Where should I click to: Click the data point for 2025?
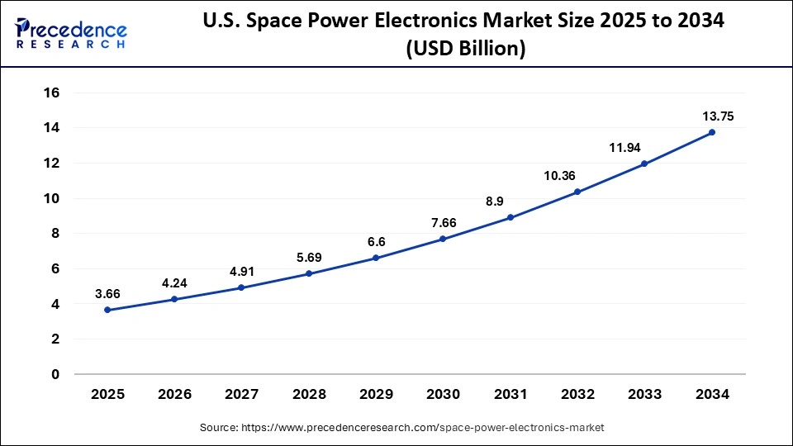(107, 310)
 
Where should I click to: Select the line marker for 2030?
(443, 239)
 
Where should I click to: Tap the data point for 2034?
(712, 132)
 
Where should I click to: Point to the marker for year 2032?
(577, 192)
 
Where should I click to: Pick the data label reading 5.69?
(309, 257)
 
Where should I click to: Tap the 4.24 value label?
(174, 282)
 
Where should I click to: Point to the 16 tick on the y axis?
(51, 93)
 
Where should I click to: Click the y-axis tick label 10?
(51, 199)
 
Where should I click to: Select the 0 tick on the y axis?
(55, 374)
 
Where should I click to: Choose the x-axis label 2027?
(241, 395)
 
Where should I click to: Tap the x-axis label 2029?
(376, 395)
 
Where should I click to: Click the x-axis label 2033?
(645, 395)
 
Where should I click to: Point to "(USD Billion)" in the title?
(465, 50)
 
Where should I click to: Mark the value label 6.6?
(376, 242)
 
